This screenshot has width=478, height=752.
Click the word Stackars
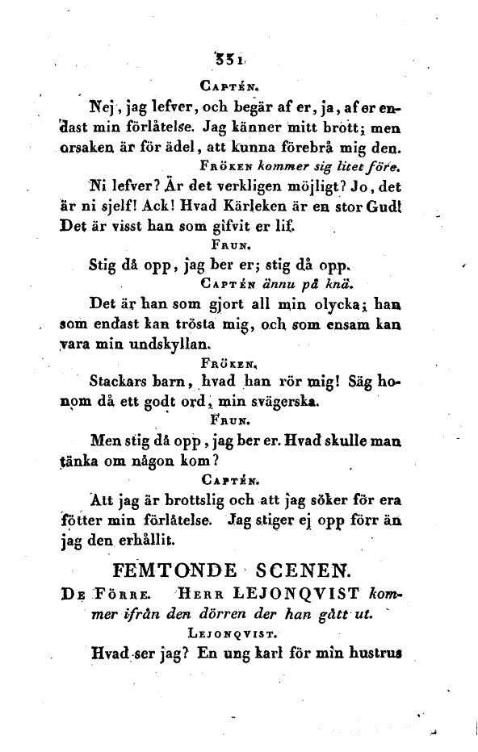pos(124,382)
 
